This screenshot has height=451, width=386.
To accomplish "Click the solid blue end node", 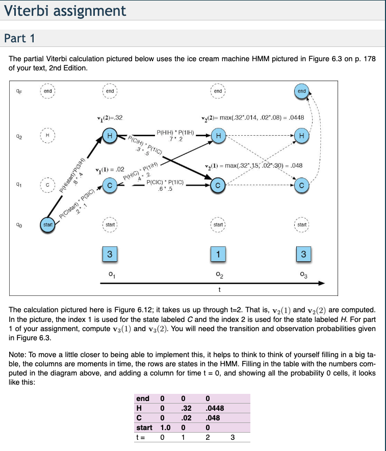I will click(x=302, y=91).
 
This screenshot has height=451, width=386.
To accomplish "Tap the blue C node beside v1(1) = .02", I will click(x=109, y=187).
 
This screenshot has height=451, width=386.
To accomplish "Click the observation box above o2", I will click(x=218, y=254).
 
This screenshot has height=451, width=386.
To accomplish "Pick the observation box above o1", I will click(x=109, y=254).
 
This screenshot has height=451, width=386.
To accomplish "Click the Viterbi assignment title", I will click(x=65, y=10).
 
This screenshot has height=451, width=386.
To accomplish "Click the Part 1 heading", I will click(x=19, y=38).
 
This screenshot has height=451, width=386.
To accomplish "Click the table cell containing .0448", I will click(x=215, y=408).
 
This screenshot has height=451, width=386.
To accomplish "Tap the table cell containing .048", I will click(x=213, y=417).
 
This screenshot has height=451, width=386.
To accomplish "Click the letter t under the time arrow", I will click(x=219, y=290).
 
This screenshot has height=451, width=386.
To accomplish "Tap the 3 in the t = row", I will click(x=232, y=437).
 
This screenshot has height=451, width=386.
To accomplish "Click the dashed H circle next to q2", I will click(x=47, y=136).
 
